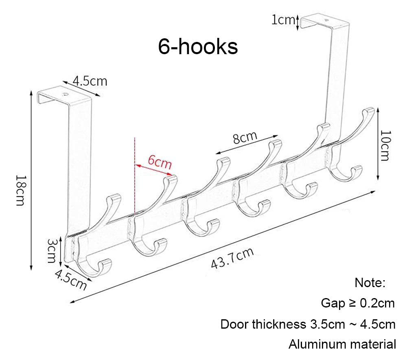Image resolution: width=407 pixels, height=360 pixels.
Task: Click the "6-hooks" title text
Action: [x=198, y=47]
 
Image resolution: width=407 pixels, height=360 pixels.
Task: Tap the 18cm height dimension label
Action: [x=21, y=190]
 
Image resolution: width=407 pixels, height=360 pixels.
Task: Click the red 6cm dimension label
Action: [x=160, y=162]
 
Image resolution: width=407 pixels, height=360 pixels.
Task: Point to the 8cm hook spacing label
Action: [x=245, y=137]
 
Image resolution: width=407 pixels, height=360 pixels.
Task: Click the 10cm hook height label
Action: [x=385, y=146]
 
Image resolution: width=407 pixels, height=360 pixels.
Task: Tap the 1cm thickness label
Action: [x=283, y=20]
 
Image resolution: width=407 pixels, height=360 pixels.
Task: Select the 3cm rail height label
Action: [x=52, y=251]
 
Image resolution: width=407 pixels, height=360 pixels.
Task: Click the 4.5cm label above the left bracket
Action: [x=90, y=81]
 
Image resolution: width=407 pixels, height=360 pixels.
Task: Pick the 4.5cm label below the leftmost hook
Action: [x=70, y=279]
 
